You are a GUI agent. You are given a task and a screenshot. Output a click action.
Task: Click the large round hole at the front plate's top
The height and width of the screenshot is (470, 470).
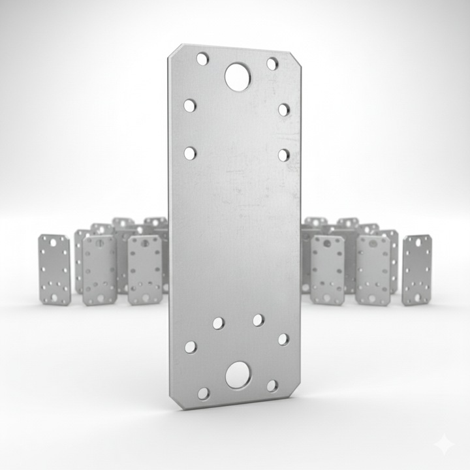click(239, 76)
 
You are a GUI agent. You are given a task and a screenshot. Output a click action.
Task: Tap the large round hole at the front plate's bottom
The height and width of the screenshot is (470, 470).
click(238, 375)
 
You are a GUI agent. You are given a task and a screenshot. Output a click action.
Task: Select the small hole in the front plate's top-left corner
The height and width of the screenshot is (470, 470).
click(202, 59)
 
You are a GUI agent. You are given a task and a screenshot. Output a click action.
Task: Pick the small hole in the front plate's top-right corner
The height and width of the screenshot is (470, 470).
click(272, 63)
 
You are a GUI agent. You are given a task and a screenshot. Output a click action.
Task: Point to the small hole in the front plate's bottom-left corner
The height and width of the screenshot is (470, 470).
click(204, 393)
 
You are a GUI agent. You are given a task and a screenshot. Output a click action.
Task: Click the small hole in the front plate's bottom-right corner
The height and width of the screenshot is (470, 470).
click(272, 385)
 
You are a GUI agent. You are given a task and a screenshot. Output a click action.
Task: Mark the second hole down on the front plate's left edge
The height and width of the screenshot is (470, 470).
click(190, 105)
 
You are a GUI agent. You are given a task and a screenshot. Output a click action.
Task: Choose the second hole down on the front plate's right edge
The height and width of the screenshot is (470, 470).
click(284, 109)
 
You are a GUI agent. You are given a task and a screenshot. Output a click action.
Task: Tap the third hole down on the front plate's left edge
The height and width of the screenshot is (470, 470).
click(190, 153)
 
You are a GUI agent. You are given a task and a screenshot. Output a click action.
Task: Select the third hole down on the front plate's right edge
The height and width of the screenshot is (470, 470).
click(284, 155)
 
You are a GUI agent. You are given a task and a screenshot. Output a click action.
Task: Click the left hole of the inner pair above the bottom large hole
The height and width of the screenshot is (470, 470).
click(218, 323)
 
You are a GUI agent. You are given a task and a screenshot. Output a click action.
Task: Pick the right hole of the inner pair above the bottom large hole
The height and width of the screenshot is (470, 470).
click(258, 320)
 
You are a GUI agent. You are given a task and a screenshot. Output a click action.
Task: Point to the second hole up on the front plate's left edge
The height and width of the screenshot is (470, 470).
click(191, 347)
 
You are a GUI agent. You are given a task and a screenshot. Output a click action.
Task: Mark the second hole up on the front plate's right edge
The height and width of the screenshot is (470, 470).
click(283, 339)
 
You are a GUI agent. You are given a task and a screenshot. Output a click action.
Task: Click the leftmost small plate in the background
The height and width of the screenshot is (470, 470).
click(54, 269)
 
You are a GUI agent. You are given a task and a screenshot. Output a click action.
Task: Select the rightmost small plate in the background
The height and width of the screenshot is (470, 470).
click(416, 270)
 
